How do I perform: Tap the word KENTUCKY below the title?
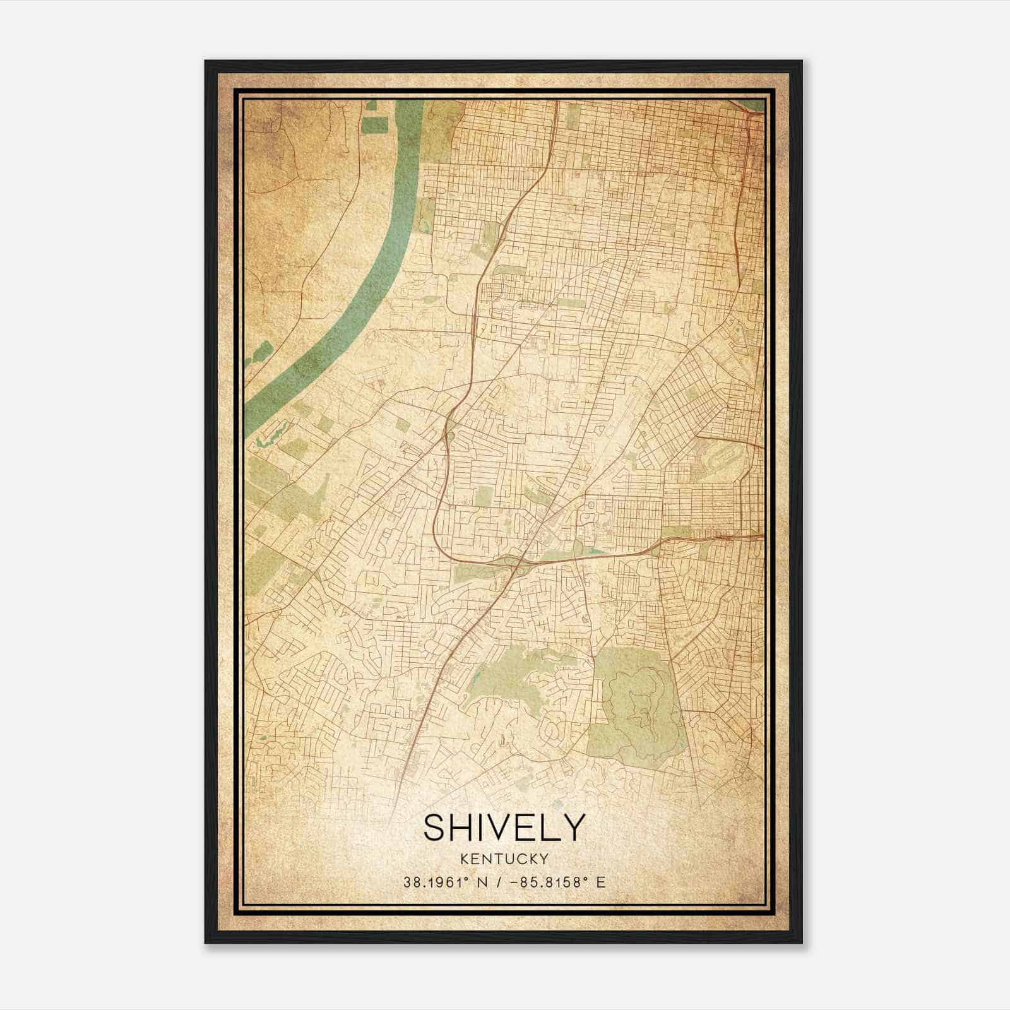pos(504,858)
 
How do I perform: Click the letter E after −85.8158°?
pos(602,882)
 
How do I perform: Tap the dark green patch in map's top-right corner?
pos(752,105)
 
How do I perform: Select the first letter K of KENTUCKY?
pos(465,858)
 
